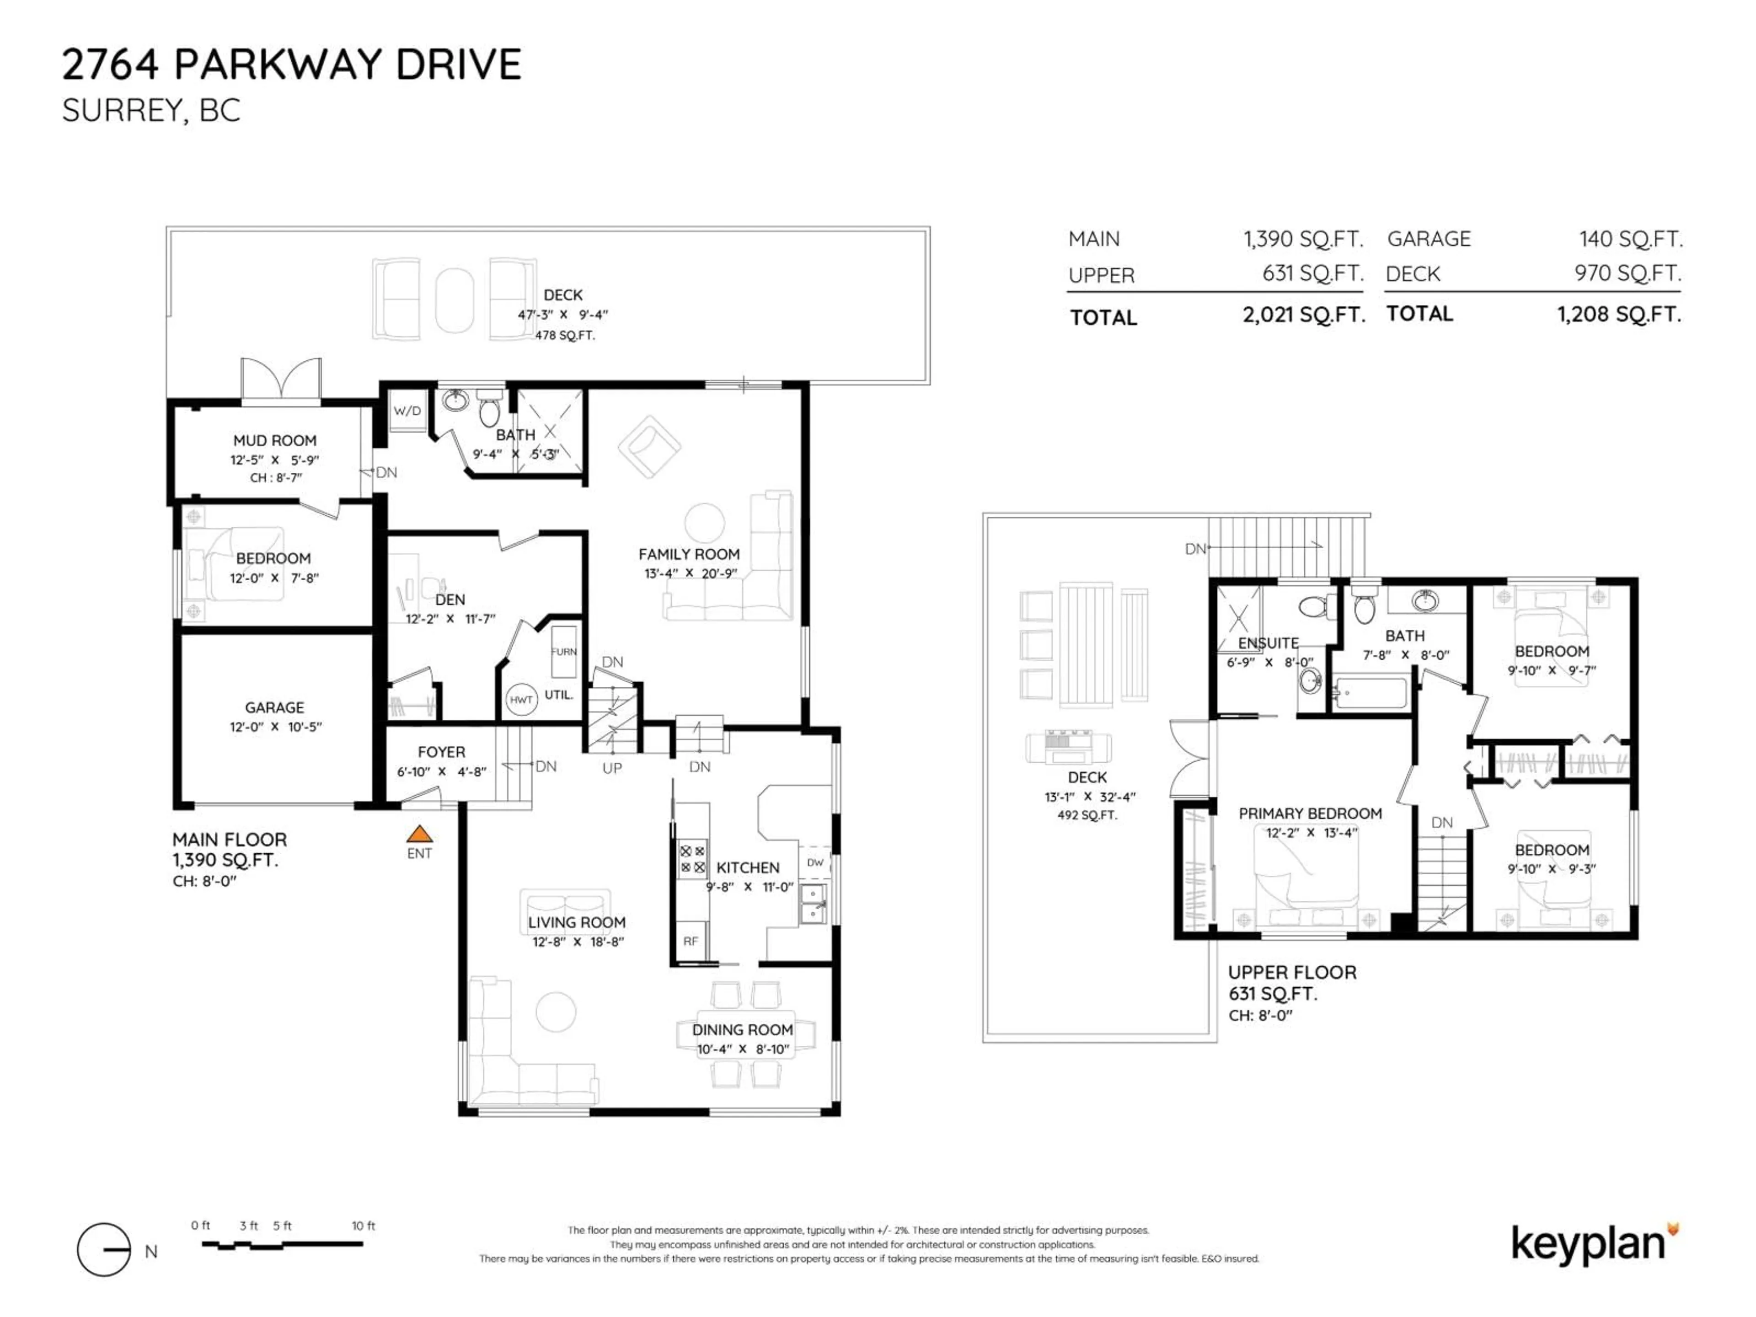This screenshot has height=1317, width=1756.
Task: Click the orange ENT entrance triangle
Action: (419, 834)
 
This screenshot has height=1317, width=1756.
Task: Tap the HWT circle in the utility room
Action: (522, 699)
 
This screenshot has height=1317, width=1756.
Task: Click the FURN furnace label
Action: (564, 652)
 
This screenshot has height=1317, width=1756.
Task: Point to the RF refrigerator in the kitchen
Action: (691, 941)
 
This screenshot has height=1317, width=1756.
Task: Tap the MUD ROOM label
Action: (275, 440)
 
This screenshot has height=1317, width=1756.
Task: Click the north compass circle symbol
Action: (104, 1249)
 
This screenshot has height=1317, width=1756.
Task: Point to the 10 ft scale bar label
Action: (364, 1226)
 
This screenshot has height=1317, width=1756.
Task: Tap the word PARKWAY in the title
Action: (280, 64)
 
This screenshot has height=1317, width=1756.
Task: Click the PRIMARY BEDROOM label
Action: (1310, 814)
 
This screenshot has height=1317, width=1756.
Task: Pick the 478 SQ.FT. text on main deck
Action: (564, 335)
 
